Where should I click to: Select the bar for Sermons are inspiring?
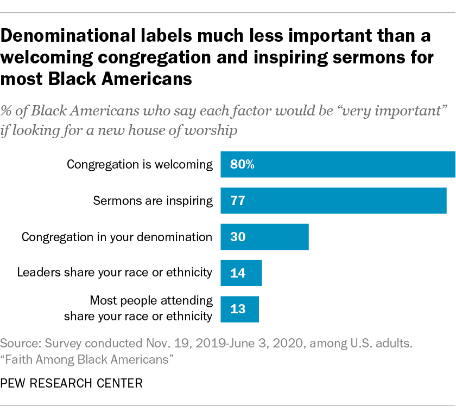pos(333,201)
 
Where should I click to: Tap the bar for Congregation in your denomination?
pos(264,237)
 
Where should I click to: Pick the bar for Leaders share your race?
pos(241,273)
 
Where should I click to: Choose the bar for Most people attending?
pos(239,309)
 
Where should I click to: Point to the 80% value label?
pos(242,165)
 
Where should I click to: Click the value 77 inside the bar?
pos(238,201)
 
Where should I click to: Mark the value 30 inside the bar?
pos(238,237)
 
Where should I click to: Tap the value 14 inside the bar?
pos(238,273)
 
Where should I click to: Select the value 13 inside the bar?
pos(238,309)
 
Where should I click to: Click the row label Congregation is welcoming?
pos(140,165)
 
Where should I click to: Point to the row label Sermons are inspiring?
pos(153,201)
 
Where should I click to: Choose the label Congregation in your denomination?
pos(117,237)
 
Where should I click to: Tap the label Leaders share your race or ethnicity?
pos(115,272)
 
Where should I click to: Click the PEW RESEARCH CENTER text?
pos(72,384)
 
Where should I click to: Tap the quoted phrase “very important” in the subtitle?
pos(386,113)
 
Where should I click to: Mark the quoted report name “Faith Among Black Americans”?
pos(90,358)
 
